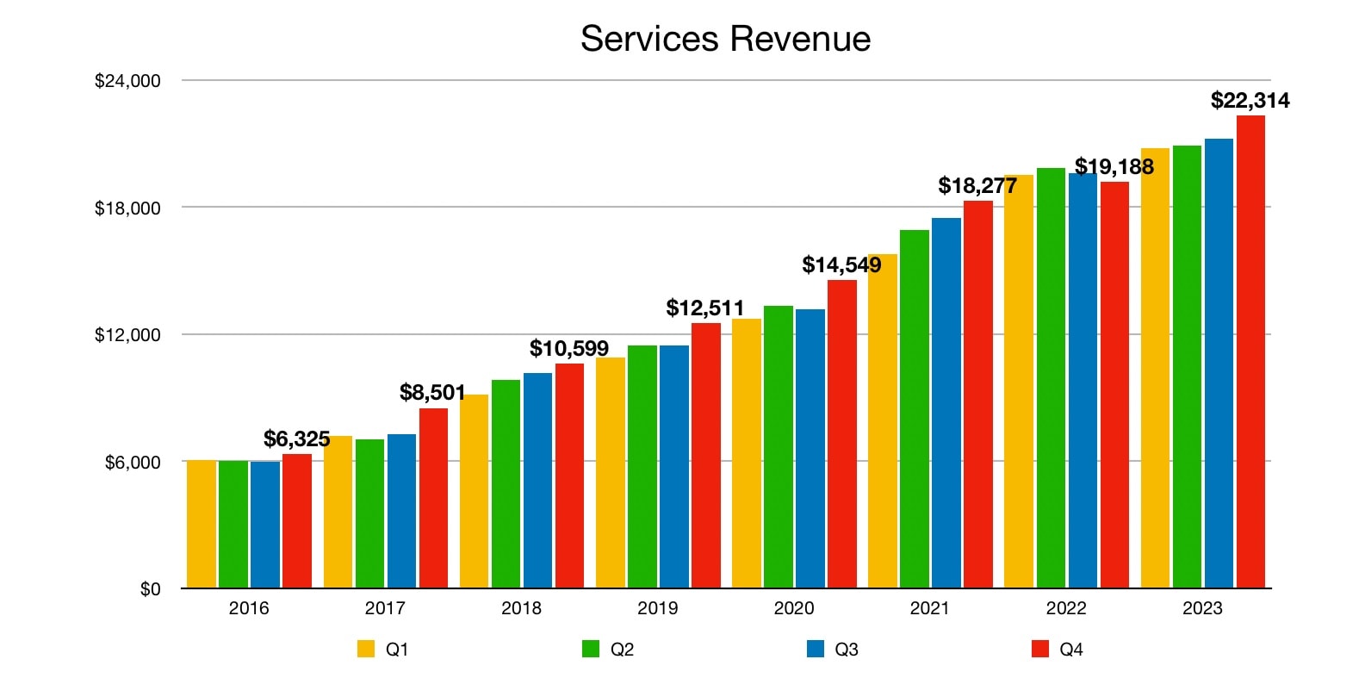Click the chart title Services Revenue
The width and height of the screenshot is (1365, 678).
725,39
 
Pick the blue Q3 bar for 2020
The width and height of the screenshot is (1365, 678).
810,448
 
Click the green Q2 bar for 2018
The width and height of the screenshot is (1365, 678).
506,483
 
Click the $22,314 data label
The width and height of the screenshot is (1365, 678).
1250,100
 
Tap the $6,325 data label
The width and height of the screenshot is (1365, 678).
296,439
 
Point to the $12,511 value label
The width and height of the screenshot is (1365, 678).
704,308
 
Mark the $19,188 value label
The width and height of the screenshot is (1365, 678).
1114,166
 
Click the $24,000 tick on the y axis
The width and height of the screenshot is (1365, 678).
127,81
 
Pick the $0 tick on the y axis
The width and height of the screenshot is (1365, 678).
150,589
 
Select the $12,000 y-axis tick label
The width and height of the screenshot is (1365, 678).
127,335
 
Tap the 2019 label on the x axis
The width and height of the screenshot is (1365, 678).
657,608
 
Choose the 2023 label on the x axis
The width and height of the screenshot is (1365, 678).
1201,608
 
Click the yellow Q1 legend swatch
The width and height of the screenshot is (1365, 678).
366,649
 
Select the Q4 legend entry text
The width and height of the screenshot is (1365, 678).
1070,650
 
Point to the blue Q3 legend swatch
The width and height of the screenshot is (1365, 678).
816,649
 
